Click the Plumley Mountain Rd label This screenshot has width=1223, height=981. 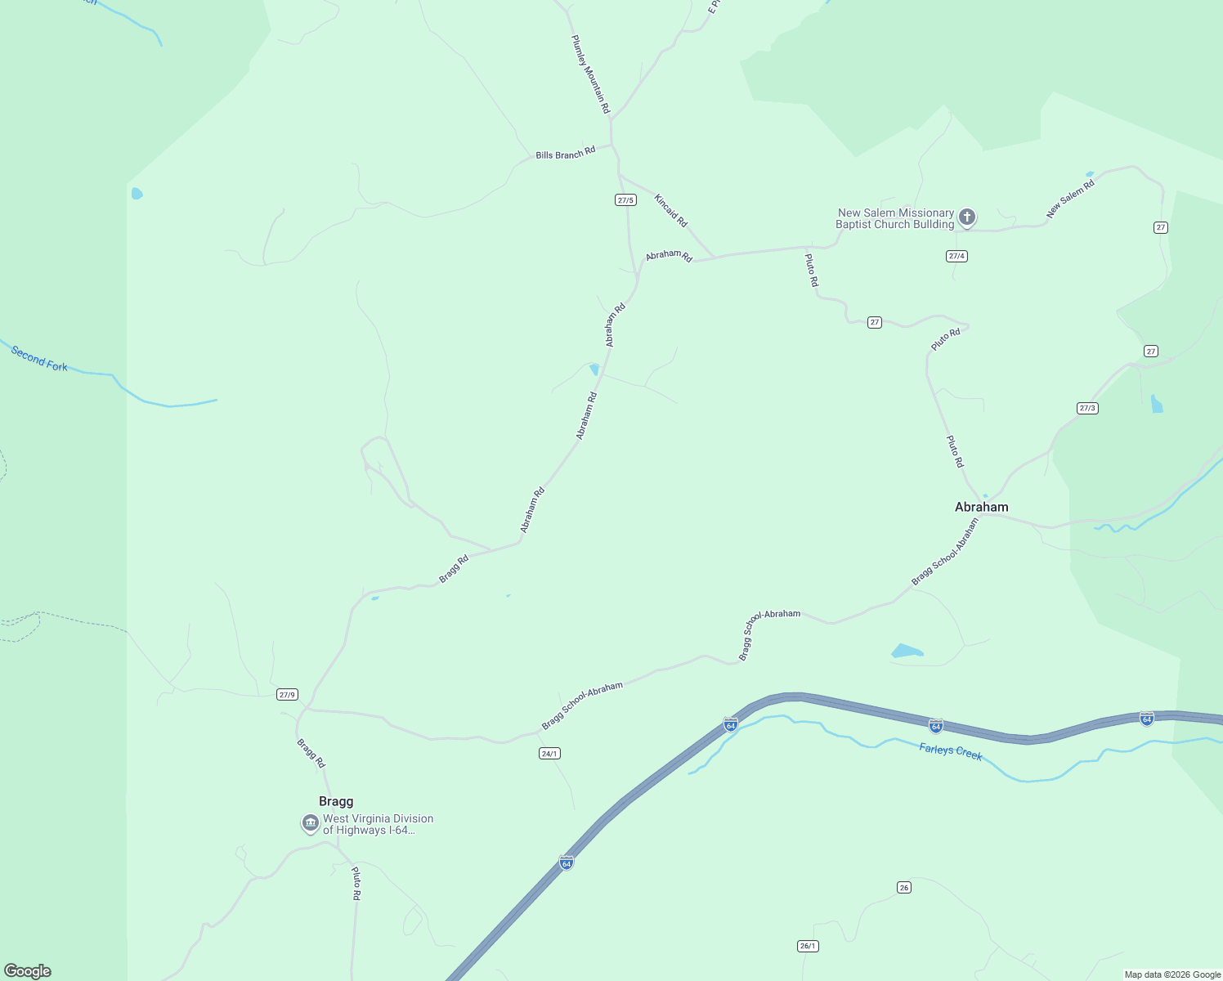[x=590, y=74]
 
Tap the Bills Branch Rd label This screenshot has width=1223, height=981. [x=565, y=154]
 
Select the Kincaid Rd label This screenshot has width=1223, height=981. [x=670, y=210]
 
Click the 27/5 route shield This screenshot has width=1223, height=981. [x=625, y=199]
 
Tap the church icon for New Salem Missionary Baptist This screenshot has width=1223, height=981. [x=967, y=217]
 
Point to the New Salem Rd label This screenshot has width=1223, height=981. [x=1070, y=199]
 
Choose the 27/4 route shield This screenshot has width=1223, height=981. [x=956, y=256]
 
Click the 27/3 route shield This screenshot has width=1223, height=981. [x=1086, y=408]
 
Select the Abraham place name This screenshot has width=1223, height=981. [x=981, y=507]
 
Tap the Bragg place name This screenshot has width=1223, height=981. [x=336, y=801]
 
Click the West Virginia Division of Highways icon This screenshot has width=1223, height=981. [x=310, y=822]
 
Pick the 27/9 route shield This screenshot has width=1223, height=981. [x=286, y=695]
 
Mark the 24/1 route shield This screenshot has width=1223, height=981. [x=549, y=754]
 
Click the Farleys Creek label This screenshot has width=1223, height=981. [x=950, y=751]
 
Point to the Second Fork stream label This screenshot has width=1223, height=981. [x=39, y=358]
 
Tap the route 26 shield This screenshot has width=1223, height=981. [x=903, y=887]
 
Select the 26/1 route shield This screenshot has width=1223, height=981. [x=808, y=946]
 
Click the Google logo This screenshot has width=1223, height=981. [x=28, y=971]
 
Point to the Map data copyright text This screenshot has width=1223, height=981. [x=1172, y=974]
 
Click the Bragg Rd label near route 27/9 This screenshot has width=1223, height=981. [x=311, y=753]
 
